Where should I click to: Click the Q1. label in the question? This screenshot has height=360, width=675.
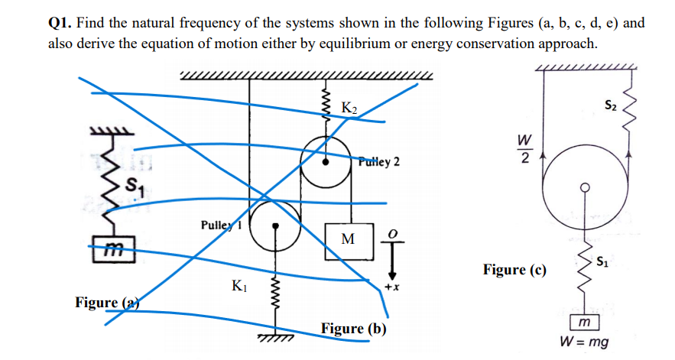(x=62, y=23)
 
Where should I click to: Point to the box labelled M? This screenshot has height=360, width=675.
(x=347, y=239)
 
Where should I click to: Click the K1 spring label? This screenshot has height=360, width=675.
(x=239, y=287)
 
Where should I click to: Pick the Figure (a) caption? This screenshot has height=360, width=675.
(x=106, y=302)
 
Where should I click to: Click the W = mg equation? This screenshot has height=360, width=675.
(x=585, y=342)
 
